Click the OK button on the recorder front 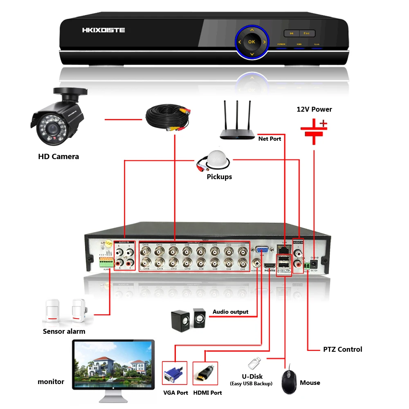click(x=252, y=42)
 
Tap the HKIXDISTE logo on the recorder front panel click(x=103, y=30)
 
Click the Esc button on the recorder click(x=307, y=34)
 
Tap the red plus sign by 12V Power click(x=324, y=123)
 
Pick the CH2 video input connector click(x=243, y=262)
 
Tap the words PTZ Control click(x=342, y=349)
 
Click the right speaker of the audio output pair click(x=199, y=318)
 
